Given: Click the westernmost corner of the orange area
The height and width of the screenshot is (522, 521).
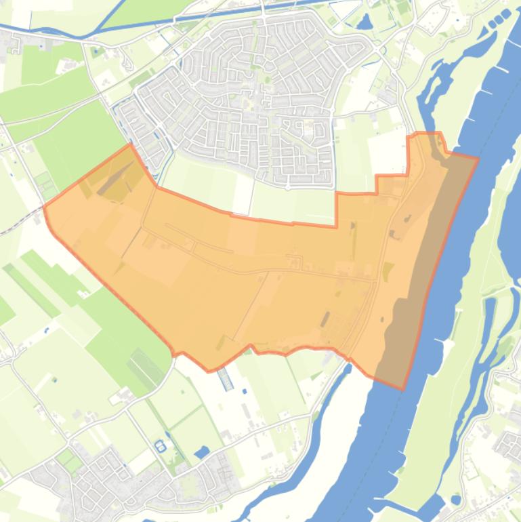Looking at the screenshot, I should pyautogui.click(x=44, y=205).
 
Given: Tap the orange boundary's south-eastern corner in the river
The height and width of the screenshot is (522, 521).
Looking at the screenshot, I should pyautogui.click(x=403, y=389).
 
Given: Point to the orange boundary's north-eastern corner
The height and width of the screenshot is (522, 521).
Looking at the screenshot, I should pyautogui.click(x=478, y=158).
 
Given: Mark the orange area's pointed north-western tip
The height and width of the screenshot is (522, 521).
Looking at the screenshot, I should pyautogui.click(x=129, y=144).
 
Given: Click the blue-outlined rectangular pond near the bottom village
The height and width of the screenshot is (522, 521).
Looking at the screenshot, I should pyautogui.click(x=161, y=445).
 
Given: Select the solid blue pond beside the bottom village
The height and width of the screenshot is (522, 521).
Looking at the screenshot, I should pyautogui.click(x=201, y=451).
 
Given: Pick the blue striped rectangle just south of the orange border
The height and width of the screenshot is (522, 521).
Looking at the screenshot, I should pyautogui.click(x=226, y=380).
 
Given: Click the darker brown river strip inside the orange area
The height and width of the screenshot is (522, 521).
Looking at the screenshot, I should pyautogui.click(x=420, y=271).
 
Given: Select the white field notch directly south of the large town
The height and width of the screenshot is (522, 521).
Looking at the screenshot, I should pyautogui.click(x=241, y=197).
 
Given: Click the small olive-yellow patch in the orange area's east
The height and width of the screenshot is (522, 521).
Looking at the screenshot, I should pyautogui.click(x=388, y=272).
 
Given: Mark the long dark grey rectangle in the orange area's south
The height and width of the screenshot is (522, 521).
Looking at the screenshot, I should pyautogui.click(x=326, y=319).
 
